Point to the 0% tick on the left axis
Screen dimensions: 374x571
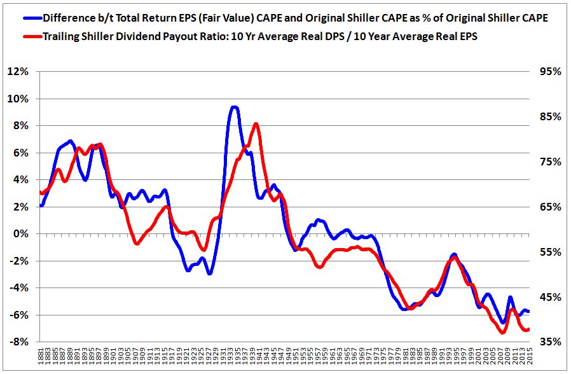pyautogui.click(x=22, y=234)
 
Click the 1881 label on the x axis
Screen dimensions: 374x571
pyautogui.click(x=41, y=357)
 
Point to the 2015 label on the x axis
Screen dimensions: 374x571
pyautogui.click(x=530, y=357)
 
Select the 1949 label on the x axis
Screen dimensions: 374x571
pyautogui.click(x=289, y=357)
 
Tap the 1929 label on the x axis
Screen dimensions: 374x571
pyautogui.click(x=216, y=357)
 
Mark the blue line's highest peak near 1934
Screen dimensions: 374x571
pyautogui.click(x=234, y=107)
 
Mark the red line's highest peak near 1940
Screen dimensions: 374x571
pyautogui.click(x=256, y=124)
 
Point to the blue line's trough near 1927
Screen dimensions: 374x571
pyautogui.click(x=209, y=274)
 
